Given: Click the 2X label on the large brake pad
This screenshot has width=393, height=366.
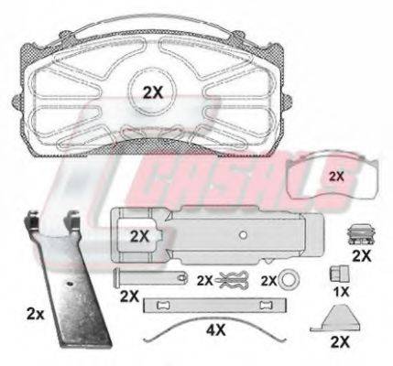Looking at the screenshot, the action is click(153, 92).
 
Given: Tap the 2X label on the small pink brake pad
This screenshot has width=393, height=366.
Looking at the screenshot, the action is click(336, 177).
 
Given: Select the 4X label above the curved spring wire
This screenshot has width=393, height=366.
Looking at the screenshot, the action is click(215, 329).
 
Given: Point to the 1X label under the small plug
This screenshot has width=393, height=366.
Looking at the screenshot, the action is click(341, 292).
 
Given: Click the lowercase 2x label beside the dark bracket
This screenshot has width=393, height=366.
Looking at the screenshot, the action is click(36, 314).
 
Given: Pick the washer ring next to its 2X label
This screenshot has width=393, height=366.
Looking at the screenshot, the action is click(289, 280).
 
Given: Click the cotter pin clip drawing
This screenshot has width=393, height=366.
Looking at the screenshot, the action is click(233, 280).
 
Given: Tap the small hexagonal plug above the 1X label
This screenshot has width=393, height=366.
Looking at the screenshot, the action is click(339, 274).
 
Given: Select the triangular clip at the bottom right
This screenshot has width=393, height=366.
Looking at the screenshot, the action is click(334, 318).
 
